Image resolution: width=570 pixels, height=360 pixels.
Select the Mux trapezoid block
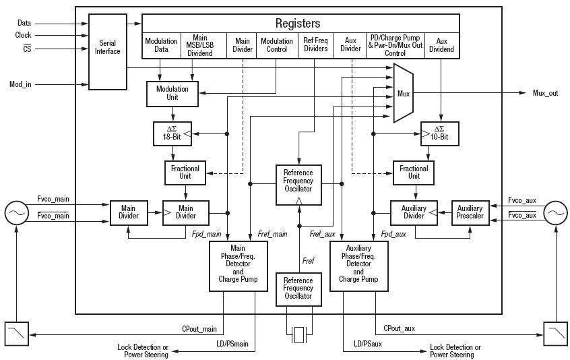[404, 93]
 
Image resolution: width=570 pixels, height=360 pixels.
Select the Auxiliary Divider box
[414, 212]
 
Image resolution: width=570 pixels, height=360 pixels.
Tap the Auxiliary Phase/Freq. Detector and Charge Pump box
[358, 267]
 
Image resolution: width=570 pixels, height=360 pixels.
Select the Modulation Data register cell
[161, 45]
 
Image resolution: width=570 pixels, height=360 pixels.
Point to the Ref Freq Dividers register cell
[316, 45]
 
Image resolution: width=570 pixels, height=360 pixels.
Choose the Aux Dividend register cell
[441, 45]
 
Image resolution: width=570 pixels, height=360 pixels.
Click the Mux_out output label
[545, 93]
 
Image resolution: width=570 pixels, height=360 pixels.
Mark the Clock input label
[24, 35]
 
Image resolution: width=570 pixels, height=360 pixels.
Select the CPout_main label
[199, 329]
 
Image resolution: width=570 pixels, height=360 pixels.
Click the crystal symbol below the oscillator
[298, 334]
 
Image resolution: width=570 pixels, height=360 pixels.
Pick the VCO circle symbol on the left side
[15, 213]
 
